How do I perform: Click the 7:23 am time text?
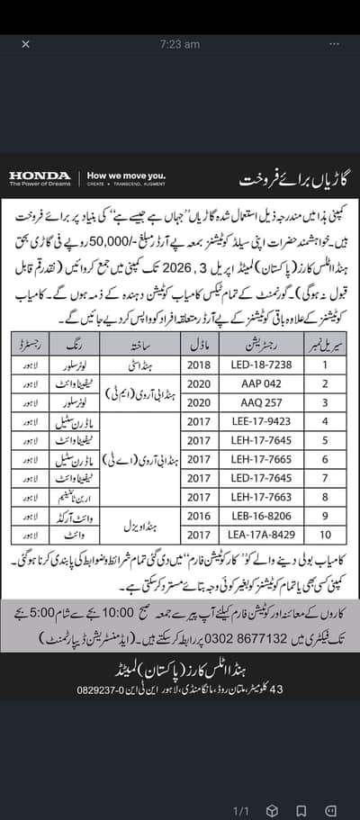(x=180, y=43)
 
